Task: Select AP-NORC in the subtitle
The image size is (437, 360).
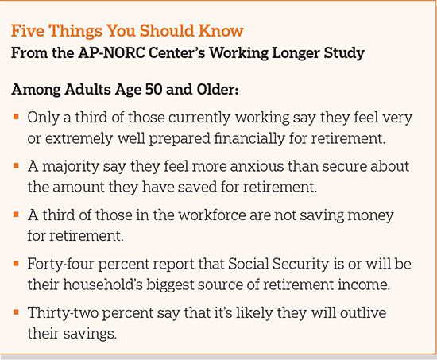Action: click(x=111, y=52)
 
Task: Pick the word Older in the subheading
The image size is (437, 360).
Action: click(x=218, y=90)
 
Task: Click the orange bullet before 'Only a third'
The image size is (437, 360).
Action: click(x=16, y=117)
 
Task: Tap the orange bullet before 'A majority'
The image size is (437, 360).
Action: click(x=16, y=165)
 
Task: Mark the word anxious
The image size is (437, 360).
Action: click(x=257, y=166)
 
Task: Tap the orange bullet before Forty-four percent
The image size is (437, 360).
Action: click(x=16, y=263)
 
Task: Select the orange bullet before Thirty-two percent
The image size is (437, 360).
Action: click(x=16, y=312)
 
